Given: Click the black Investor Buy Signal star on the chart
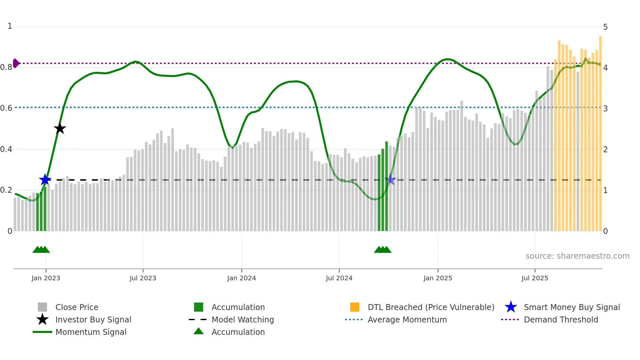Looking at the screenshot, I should pos(60,129).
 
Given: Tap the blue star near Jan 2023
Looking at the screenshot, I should pos(45,180).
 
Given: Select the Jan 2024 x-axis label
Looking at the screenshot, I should pos(241,278).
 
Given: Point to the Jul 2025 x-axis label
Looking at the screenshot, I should pos(535,278).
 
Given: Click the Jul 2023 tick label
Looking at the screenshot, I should pos(143,278).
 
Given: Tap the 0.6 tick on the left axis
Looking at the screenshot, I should pos(6,108).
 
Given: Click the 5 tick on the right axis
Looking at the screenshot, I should pos(605,27).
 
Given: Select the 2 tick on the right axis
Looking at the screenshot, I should pos(605,150).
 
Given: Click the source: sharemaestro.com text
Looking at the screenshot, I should pos(577,256).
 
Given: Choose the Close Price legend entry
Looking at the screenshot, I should pos(77,307).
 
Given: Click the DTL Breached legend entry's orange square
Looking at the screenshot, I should pos(355,307).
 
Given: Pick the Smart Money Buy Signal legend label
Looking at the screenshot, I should pos(571,307).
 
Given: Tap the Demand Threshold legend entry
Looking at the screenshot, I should pos(561,319).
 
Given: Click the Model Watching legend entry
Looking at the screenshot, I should pos(243,319).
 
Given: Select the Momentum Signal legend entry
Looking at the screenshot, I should pos(91,332).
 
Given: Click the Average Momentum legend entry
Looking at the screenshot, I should pos(407,319).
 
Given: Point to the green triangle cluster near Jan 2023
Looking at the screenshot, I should pos(41,250).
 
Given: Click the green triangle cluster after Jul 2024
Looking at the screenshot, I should pos(383,250).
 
